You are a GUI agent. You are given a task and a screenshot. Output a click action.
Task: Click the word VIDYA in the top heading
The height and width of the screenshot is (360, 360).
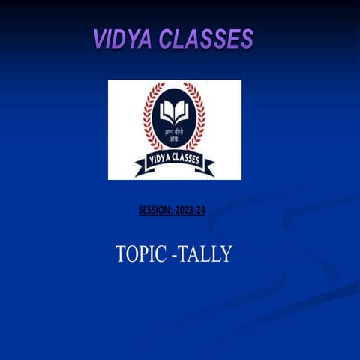coord(122,39)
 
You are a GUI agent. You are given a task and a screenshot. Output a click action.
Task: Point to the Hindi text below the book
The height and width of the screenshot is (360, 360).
coord(174,133)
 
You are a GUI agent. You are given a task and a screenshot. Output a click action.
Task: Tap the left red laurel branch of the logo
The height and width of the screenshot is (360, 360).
coord(148,120)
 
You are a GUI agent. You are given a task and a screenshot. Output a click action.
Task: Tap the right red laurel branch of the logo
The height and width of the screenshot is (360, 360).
coord(200,120)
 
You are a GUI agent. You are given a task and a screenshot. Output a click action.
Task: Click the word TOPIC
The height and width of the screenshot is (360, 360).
coord(141,254)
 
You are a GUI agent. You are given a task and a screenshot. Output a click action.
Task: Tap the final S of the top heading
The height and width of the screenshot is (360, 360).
coord(247,39)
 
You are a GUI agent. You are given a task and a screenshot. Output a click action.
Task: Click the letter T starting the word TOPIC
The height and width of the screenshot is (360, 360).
coord(121,254)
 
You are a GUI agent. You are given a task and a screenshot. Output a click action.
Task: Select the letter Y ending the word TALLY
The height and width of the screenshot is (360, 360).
coord(226,254)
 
